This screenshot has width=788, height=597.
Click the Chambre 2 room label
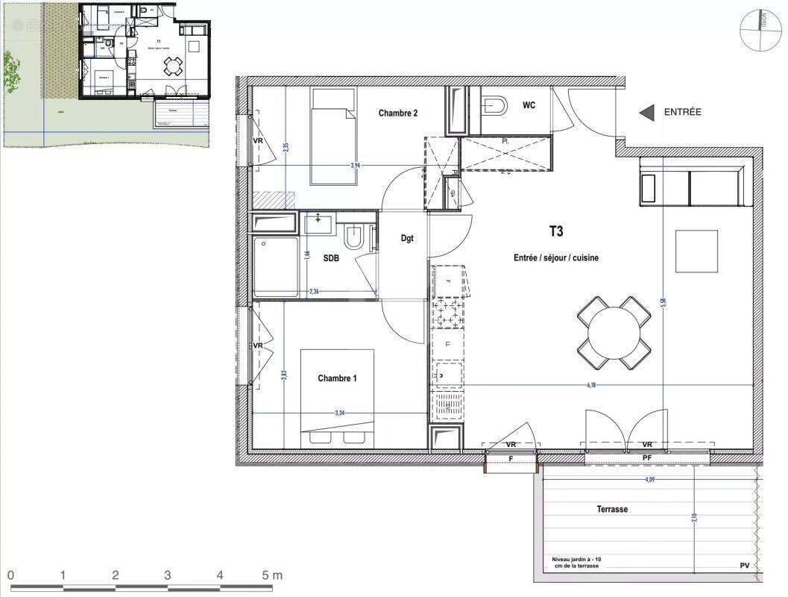point(397,113)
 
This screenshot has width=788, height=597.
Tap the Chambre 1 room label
point(337,378)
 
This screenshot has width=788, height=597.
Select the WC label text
point(529,105)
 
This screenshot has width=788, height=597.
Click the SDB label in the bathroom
point(332,257)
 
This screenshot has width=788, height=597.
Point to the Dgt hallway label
point(407,239)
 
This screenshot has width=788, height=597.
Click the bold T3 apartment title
point(555,232)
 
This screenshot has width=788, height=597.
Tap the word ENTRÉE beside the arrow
point(682,112)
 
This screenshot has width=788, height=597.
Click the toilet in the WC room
point(494,105)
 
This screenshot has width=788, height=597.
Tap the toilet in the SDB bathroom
point(354,238)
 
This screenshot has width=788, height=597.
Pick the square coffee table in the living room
point(696,251)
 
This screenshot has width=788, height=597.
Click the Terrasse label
point(611,509)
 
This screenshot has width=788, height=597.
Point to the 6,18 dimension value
point(592,385)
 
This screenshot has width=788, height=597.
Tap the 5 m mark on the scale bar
point(272,575)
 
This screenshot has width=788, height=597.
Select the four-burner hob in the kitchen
point(447,313)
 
